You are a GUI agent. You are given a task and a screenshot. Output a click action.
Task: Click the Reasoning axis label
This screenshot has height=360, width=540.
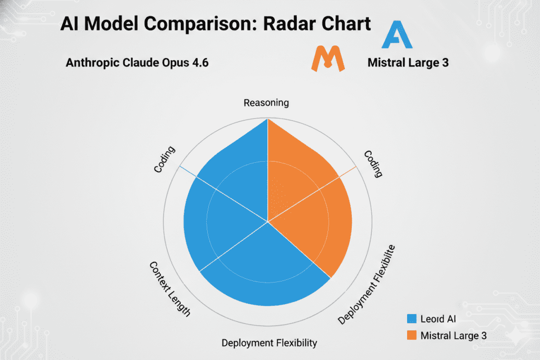pyautogui.click(x=266, y=102)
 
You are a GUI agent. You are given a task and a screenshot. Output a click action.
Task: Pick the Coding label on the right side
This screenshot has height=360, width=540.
pyautogui.click(x=373, y=163)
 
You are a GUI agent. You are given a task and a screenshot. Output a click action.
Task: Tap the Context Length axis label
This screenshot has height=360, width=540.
pyautogui.click(x=170, y=289)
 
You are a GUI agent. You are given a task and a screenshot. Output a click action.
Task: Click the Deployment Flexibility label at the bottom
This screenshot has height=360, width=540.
pyautogui.click(x=269, y=343)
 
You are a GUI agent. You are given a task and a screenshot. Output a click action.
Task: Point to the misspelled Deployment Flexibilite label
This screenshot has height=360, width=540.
pyautogui.click(x=367, y=285)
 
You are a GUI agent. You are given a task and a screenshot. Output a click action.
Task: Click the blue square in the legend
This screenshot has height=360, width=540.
pyautogui.click(x=412, y=318)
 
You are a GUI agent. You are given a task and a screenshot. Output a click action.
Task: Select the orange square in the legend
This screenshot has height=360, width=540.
pyautogui.click(x=412, y=335)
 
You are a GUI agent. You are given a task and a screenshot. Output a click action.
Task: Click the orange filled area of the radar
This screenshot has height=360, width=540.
pyautogui.click(x=316, y=211)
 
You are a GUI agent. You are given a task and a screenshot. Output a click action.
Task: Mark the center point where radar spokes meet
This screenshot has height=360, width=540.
pyautogui.click(x=268, y=221)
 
